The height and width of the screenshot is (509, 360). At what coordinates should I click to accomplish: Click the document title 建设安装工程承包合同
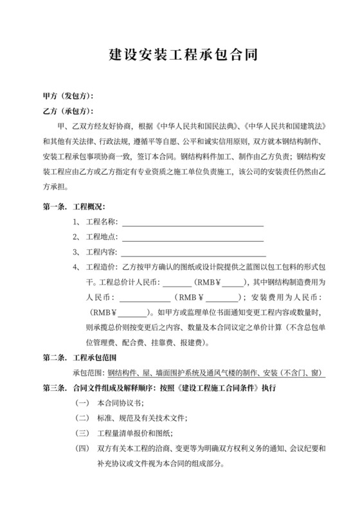coord(179,55)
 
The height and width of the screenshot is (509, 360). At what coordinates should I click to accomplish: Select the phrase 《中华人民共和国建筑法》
coord(287,126)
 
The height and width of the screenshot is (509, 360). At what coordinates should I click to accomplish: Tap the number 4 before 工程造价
coord(76,267)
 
